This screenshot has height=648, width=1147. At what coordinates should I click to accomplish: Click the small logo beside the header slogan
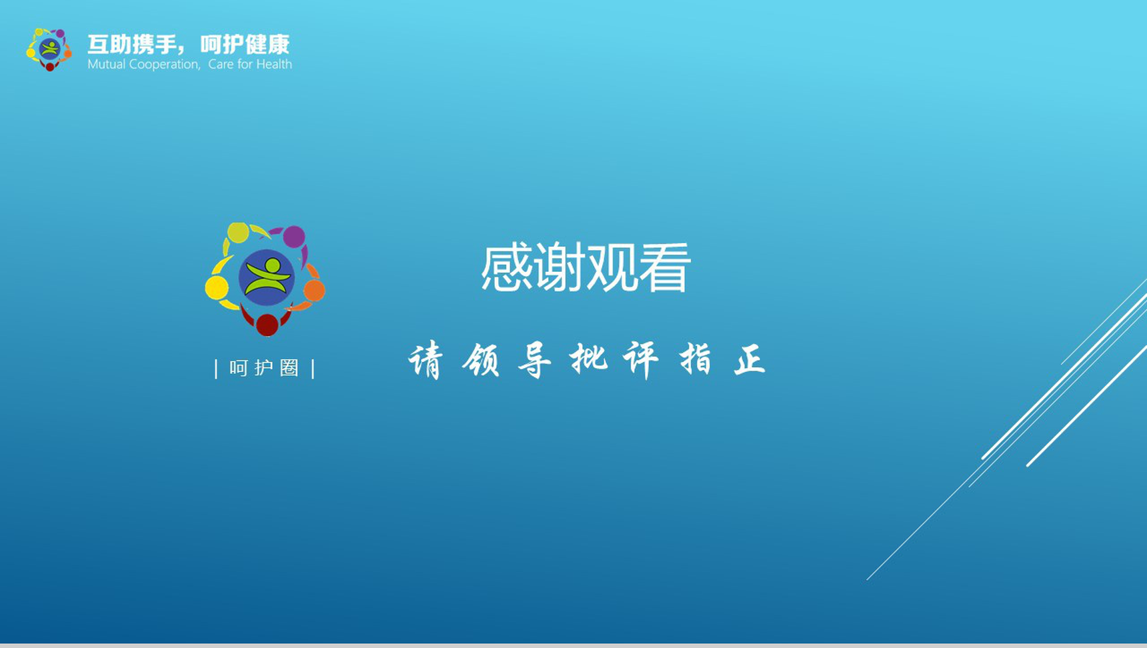49,49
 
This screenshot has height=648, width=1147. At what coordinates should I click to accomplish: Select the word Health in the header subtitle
274,64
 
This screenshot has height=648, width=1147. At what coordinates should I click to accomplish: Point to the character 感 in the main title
507,267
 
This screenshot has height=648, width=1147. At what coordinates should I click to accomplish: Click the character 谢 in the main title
559,267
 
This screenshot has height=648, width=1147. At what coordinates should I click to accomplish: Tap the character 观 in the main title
612,267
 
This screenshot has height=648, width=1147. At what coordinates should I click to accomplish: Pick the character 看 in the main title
664,267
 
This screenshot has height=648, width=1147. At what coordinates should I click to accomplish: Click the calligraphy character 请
425,360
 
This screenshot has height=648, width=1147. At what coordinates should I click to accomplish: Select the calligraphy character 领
480,360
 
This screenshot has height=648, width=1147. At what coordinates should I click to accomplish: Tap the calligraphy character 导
534,360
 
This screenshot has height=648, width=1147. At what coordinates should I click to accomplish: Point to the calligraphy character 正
750,360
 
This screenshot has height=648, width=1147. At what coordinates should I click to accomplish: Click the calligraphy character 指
696,360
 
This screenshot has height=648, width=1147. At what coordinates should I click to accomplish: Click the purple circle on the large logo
294,237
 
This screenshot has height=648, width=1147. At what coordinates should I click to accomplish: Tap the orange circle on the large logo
314,291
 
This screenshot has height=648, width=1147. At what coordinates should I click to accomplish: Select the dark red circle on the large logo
267,325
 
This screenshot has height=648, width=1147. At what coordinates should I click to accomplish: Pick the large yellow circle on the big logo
217,288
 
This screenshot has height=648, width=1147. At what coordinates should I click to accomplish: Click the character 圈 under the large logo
289,368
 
